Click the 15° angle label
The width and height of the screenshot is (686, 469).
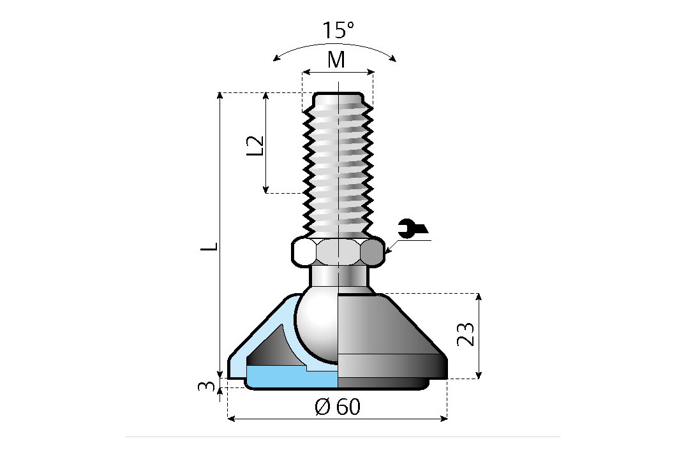pyautogui.click(x=338, y=30)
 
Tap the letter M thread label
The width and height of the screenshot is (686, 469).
pyautogui.click(x=336, y=60)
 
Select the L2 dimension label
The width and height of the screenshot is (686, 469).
pyautogui.click(x=256, y=145)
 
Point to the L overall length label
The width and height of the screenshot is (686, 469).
pyautogui.click(x=211, y=246)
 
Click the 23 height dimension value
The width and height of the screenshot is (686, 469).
pyautogui.click(x=467, y=334)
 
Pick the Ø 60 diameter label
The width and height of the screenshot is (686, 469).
pyautogui.click(x=338, y=407)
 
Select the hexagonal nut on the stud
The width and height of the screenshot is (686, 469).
pyautogui.click(x=338, y=251)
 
